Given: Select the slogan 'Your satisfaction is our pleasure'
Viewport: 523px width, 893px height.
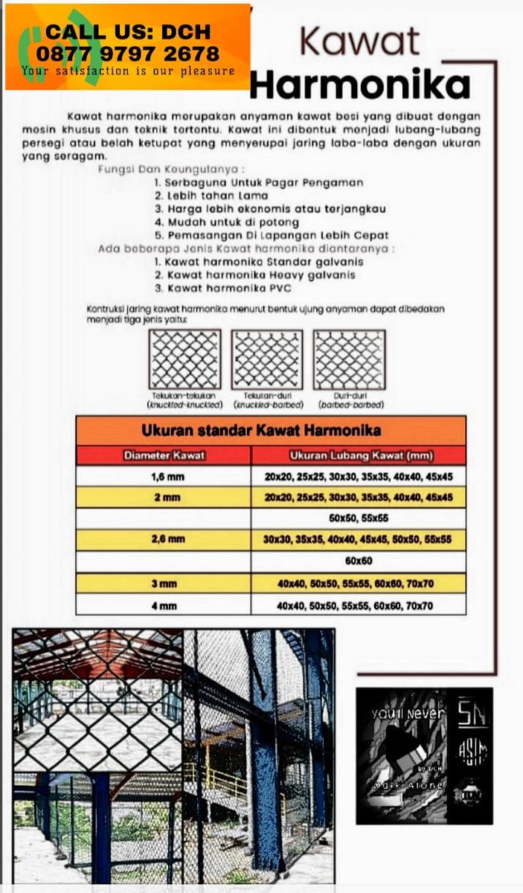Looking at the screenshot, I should pos(128,71).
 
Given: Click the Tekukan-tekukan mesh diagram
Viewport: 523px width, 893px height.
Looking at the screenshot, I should pos(185,359).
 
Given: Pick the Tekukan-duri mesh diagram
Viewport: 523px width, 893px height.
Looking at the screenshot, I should pos(267,359).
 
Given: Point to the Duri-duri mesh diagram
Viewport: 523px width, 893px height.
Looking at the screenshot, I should pos(350,359).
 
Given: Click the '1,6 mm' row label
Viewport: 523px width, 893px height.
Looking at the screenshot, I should pos(164,476).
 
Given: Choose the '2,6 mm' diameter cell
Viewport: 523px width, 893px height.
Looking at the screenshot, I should pos(164,540).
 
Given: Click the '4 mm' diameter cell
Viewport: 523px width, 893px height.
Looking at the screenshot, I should pos(164,606).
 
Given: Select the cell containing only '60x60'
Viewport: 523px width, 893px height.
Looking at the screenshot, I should pos(359,561).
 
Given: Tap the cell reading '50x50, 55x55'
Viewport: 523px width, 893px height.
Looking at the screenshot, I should pos(359,518).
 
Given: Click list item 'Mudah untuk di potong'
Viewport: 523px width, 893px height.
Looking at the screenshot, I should pos(227,222).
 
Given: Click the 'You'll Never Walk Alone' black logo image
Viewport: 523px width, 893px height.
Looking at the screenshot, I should pos(423,755).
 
